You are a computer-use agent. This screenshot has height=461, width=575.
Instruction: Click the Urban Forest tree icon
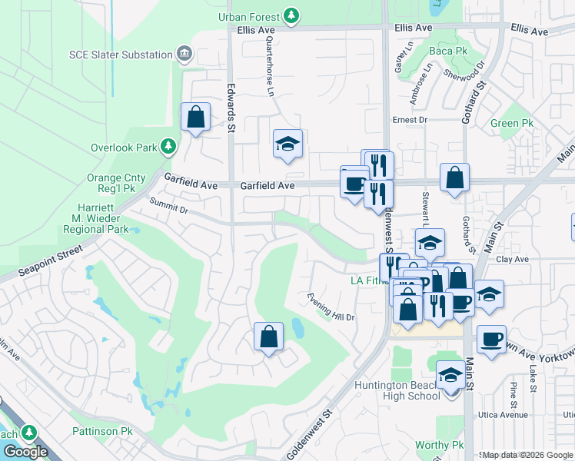coord(291,15)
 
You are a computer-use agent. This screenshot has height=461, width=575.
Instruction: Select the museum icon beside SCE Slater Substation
coord(184,54)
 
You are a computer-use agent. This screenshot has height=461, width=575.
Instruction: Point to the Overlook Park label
coord(123,147)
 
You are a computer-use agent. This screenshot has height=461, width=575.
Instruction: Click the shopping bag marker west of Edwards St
coord(196,118)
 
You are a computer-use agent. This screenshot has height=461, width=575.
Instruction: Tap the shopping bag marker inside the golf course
coord(268,336)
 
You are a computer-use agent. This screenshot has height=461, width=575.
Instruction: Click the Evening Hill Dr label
coord(331,306)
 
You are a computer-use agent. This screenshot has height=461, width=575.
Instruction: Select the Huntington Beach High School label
coord(397,390)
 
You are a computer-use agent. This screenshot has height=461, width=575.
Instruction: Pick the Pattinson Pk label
coord(102,432)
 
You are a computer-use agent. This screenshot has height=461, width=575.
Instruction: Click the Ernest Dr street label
coord(409,120)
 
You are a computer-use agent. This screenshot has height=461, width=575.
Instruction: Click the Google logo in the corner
coord(25,452)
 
